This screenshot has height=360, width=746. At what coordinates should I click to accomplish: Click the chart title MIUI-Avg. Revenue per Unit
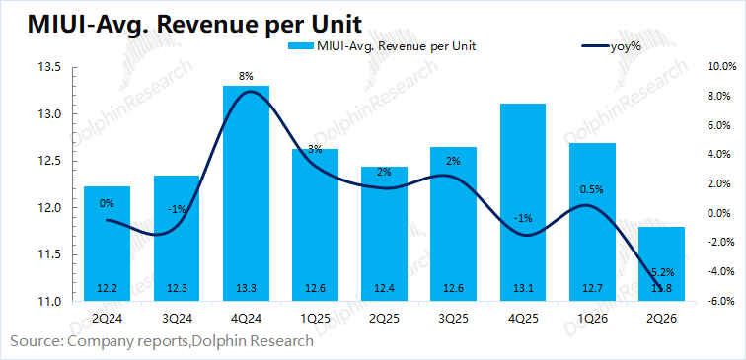[x=194, y=24]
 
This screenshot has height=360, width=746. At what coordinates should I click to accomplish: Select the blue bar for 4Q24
[x=246, y=193]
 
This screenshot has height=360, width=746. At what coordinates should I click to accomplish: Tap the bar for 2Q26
[x=661, y=264]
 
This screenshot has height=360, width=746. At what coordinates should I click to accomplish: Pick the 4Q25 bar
[x=523, y=202]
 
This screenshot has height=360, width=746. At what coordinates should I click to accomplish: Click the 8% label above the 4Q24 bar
[x=246, y=76]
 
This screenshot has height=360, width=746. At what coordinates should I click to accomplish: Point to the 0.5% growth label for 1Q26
[x=592, y=189]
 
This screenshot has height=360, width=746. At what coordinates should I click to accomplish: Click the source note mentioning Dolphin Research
[x=162, y=341]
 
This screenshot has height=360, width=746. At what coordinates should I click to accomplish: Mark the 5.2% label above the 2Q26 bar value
[x=664, y=272]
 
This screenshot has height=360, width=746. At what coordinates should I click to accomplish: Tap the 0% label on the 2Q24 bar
[x=107, y=203]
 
